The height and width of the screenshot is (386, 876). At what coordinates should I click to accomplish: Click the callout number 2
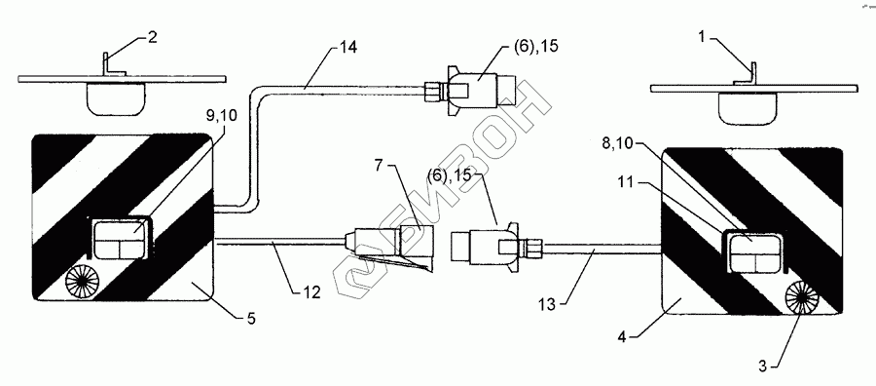click(x=153, y=37)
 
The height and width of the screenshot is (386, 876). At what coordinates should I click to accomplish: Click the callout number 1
click(x=702, y=37)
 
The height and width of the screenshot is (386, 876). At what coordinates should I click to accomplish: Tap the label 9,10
click(x=221, y=116)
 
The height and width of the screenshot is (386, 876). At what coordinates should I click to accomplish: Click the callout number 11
click(x=627, y=182)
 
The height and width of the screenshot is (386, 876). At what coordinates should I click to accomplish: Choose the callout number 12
click(x=311, y=291)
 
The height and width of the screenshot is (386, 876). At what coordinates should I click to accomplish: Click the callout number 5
click(x=251, y=320)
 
